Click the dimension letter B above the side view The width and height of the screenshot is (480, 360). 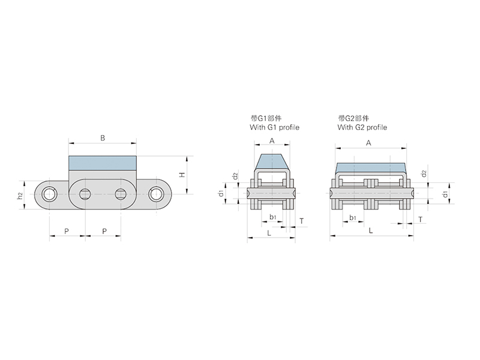tap(103, 138)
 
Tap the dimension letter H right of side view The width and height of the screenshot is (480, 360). tap(182, 175)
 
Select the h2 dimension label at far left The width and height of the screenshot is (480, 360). tap(20, 196)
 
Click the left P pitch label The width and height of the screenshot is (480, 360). tap(67, 231)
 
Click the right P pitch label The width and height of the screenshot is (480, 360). tap(104, 231)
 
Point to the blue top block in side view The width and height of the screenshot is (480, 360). tap(103, 163)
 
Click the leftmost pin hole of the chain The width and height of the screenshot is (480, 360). tap(49, 194)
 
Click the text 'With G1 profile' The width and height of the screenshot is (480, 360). tap(275, 127)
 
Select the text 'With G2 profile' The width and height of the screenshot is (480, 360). tap(362, 127)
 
